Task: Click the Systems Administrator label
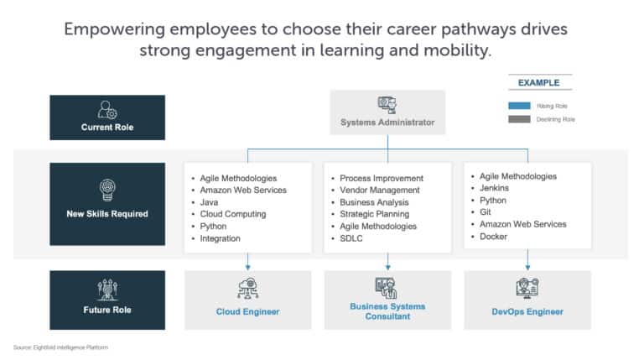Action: coord(387,123)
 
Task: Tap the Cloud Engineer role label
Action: coord(247,312)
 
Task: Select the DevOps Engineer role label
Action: coord(527,312)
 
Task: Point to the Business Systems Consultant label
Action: coord(387,311)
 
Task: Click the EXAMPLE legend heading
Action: coord(538,83)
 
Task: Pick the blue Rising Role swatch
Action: coord(519,106)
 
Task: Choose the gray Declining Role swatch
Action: coord(519,119)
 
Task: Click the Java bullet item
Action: coord(210,202)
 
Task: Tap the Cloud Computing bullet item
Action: coord(232,214)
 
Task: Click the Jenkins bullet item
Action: coord(495,189)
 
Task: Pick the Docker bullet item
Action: coord(494,237)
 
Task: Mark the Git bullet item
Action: coord(486,212)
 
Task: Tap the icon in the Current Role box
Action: coord(107,110)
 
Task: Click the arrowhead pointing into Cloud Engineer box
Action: coord(247,267)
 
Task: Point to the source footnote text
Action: coord(60,347)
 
